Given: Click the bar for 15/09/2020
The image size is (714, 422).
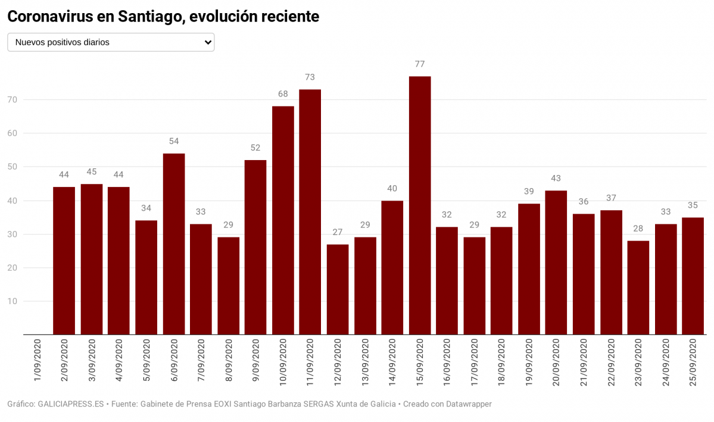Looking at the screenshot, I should click(x=420, y=205).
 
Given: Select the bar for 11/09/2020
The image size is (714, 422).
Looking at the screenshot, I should click(x=310, y=212).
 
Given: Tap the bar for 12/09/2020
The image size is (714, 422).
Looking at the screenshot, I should click(x=338, y=289).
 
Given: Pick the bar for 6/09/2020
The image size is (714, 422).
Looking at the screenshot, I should click(x=174, y=244).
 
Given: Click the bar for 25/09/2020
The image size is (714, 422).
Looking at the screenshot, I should click(x=693, y=276).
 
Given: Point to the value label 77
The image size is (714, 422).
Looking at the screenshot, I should click(x=420, y=64).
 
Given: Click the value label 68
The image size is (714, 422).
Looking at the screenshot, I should click(x=283, y=94).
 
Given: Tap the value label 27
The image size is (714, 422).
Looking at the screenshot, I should click(x=338, y=232).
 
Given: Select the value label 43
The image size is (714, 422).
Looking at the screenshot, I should click(x=556, y=178).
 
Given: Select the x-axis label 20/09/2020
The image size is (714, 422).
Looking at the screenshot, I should click(x=556, y=362).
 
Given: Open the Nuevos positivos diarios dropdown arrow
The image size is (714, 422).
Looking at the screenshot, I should click(x=208, y=42).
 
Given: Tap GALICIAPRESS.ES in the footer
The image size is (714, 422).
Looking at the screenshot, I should click(x=71, y=404).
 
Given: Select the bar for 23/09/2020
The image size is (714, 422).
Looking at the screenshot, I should click(x=638, y=287).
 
